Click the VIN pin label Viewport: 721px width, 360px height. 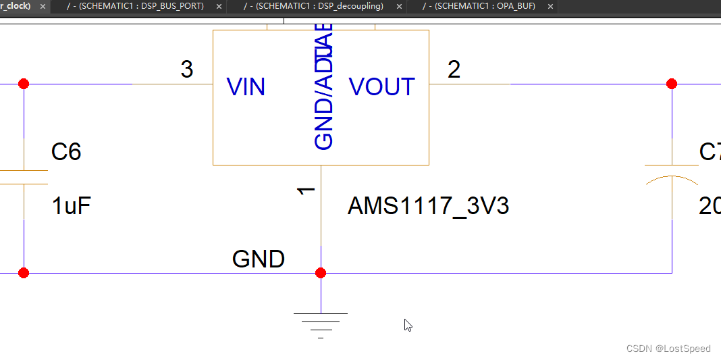tap(246, 87)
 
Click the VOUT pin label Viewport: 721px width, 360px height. tap(382, 87)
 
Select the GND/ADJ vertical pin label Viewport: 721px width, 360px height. tap(325, 88)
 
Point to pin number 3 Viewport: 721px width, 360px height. tap(187, 69)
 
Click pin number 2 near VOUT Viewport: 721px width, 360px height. tap(454, 69)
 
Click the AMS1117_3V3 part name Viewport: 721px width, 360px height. tap(428, 206)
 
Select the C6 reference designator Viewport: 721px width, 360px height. tap(66, 152)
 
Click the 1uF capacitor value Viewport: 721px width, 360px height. tap(71, 206)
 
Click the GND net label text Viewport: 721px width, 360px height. tap(259, 259)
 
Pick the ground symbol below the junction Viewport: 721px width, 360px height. tap(321, 323)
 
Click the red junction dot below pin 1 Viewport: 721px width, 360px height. tap(321, 273)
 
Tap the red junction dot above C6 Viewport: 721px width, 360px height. tap(24, 84)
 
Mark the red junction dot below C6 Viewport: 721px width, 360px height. tap(24, 273)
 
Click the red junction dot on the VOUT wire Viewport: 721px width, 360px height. tap(671, 84)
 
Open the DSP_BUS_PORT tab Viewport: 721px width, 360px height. tap(141, 6)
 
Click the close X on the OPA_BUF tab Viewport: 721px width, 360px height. tap(550, 6)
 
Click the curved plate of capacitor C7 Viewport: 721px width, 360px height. tap(672, 180)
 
